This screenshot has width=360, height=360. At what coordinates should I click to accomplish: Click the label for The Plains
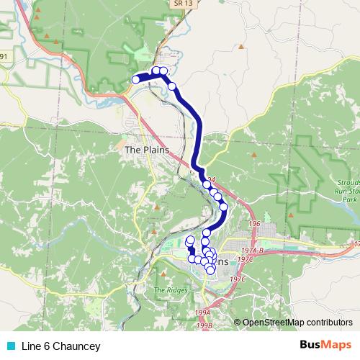tap(146, 150)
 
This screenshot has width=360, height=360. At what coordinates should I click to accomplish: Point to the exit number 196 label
tap(253, 224)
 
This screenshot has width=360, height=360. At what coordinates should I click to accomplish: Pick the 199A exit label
tap(203, 312)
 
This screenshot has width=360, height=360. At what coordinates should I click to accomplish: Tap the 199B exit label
tap(205, 325)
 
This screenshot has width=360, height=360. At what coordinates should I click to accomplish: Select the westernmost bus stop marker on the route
tap(135, 79)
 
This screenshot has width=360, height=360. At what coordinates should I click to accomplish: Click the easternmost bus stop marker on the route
tap(223, 207)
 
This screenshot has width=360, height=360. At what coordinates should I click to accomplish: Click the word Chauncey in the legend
tap(77, 346)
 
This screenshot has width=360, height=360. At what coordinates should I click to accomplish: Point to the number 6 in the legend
tap(45, 346)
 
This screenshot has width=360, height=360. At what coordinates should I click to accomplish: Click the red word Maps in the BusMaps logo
tap(338, 346)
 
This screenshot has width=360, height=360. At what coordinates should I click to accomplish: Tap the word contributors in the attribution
tap(330, 322)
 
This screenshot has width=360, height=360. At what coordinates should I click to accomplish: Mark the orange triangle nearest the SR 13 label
tap(241, 48)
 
